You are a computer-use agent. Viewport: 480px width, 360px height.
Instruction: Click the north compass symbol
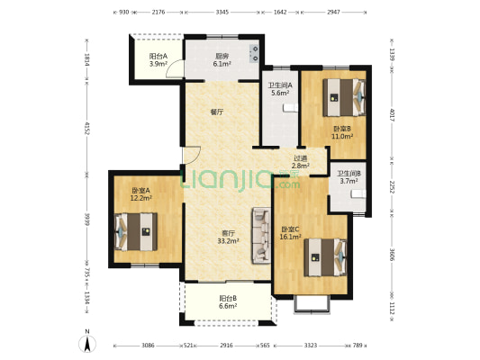click(87, 342)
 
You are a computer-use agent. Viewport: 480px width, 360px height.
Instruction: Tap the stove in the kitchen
click(255, 53)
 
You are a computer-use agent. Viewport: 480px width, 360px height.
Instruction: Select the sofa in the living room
click(261, 236)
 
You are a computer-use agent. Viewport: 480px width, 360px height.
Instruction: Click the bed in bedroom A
click(136, 231)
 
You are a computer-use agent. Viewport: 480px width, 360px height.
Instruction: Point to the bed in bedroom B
click(344, 97)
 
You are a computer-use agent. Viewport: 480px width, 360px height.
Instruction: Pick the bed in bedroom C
click(325, 257)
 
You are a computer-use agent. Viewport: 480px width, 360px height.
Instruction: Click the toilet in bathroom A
click(290, 108)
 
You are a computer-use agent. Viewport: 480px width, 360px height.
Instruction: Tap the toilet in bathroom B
click(358, 193)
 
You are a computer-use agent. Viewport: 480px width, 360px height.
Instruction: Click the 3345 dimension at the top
click(222, 13)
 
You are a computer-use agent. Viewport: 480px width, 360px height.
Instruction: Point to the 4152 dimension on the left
click(87, 129)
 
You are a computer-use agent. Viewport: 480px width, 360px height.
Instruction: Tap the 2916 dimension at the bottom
click(226, 346)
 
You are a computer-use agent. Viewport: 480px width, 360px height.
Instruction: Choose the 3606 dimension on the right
click(393, 255)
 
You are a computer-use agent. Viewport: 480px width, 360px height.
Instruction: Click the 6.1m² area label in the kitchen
click(222, 64)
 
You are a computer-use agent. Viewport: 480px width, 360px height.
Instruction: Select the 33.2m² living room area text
click(229, 241)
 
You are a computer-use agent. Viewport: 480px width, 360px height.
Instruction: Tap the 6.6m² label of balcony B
click(228, 306)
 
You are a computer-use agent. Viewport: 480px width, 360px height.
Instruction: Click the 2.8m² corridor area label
click(300, 166)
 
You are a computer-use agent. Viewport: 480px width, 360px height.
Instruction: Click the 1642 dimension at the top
click(280, 13)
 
